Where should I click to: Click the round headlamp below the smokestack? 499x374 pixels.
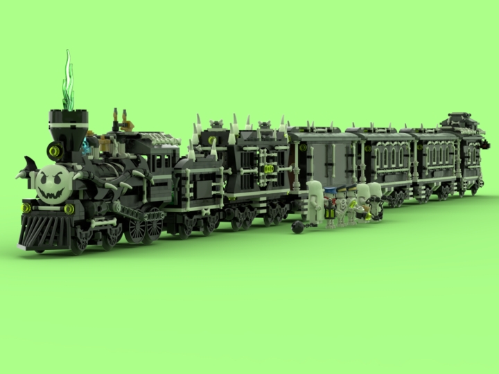(54, 150)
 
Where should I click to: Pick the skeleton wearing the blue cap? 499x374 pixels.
(330, 205)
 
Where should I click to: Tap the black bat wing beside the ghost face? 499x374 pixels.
(29, 167)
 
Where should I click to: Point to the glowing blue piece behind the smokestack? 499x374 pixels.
(87, 145)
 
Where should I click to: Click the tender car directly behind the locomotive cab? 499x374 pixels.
(198, 187)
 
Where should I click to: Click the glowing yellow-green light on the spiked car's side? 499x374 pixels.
(268, 168)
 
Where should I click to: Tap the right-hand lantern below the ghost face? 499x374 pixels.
(69, 208)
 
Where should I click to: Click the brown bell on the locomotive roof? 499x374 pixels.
(125, 122)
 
